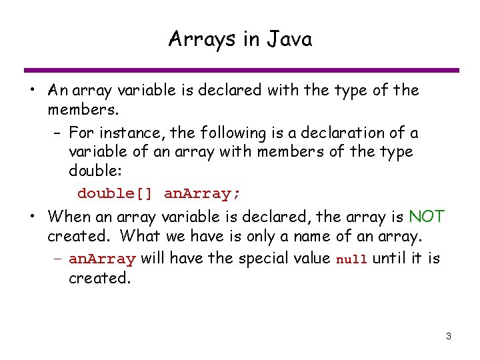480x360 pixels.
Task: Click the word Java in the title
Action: pyautogui.click(x=289, y=39)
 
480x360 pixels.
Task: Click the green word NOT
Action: pyautogui.click(x=427, y=217)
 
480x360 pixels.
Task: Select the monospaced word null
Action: pyautogui.click(x=351, y=259)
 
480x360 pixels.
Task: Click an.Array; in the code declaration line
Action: pyautogui.click(x=203, y=194)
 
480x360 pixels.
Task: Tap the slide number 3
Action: pyautogui.click(x=449, y=336)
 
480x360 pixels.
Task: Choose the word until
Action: pyautogui.click(x=389, y=258)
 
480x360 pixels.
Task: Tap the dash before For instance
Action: pyautogui.click(x=58, y=133)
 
